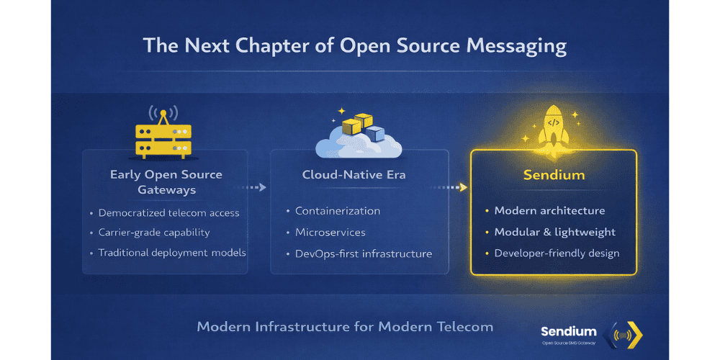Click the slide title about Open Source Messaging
click(x=354, y=46)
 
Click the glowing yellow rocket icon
click(x=553, y=129)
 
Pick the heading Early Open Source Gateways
click(x=166, y=182)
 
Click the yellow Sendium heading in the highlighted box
click(x=553, y=175)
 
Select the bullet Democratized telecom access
click(x=168, y=213)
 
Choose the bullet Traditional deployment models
click(x=172, y=253)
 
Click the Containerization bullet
click(x=337, y=211)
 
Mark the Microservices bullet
click(x=330, y=233)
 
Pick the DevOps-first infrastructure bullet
click(x=363, y=253)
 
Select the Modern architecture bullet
click(x=549, y=211)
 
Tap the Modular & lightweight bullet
click(x=554, y=233)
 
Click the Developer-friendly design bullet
click(x=557, y=253)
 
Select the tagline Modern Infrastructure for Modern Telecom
click(x=345, y=327)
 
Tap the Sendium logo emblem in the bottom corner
click(x=625, y=333)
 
